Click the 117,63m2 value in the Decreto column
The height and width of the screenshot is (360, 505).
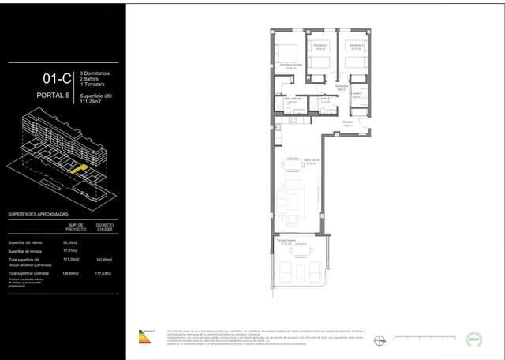[104, 273]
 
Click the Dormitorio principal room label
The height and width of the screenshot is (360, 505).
[291, 66]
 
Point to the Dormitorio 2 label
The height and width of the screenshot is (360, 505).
[319, 47]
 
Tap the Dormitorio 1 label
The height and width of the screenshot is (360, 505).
[357, 47]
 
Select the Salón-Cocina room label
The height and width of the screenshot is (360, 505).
[311, 162]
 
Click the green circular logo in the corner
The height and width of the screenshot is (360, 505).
[474, 337]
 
